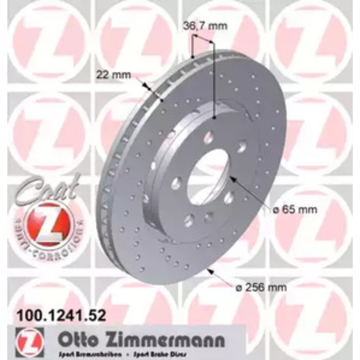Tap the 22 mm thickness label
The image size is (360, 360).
[x=113, y=74]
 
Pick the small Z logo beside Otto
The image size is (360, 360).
[x=30, y=340]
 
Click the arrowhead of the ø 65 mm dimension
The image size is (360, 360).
[x=231, y=178]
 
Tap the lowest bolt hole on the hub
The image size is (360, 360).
[x=188, y=221]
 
